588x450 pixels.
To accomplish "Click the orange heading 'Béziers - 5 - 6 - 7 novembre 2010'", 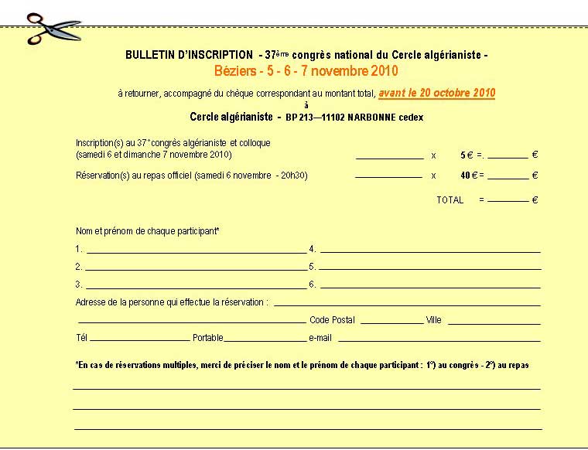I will pos(306,71).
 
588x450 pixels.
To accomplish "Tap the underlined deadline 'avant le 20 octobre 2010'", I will pos(437,93).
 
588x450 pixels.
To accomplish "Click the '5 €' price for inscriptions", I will pos(467,155).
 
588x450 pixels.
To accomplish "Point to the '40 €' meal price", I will pos(467,175).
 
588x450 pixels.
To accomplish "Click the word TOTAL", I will pos(450,199).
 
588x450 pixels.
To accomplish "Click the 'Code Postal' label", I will pos(332,320).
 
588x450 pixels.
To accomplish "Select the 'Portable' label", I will pos(207,338).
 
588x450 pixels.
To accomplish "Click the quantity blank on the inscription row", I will pos(389,157).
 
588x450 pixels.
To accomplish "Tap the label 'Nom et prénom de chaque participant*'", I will pos(148,231).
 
